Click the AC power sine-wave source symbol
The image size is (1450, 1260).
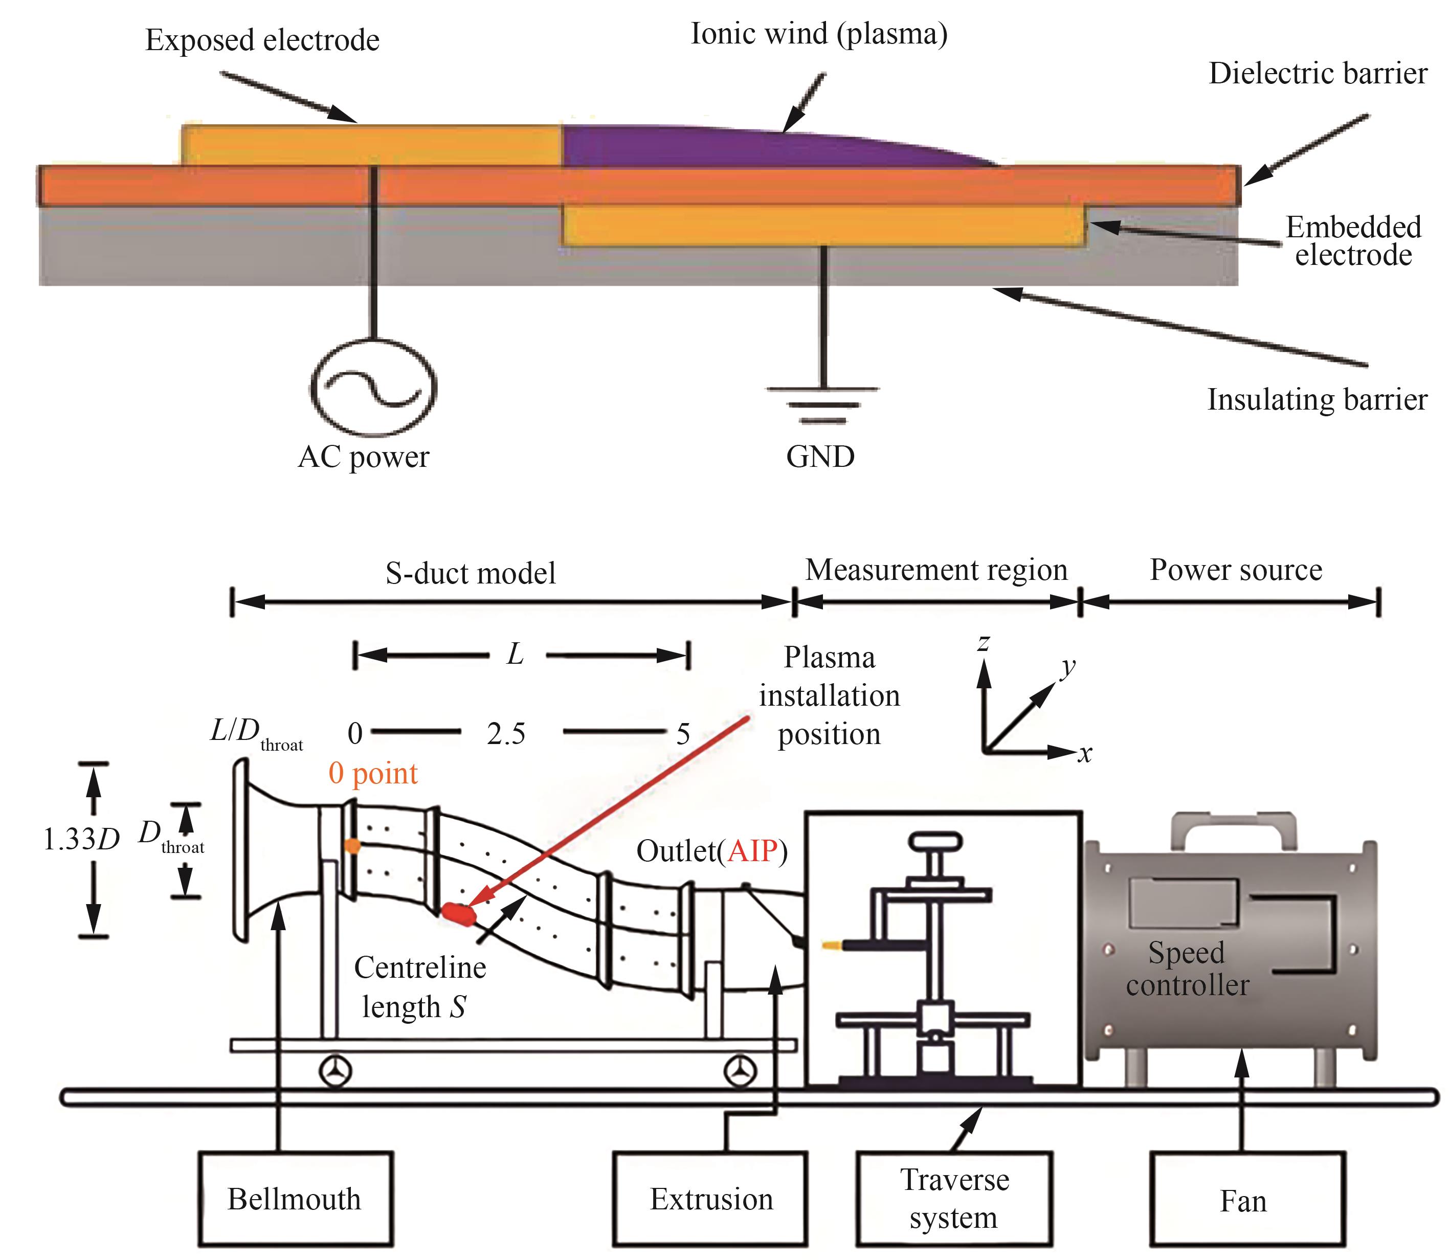click(x=373, y=388)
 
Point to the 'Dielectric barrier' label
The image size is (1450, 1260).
click(x=1317, y=74)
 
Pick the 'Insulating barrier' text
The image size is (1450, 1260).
click(x=1317, y=399)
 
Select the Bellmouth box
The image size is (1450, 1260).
click(x=295, y=1198)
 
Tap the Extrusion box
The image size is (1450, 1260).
click(x=711, y=1198)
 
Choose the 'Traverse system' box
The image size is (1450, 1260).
click(x=954, y=1198)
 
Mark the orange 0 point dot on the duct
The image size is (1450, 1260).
click(x=353, y=846)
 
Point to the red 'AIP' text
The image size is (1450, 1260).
click(x=752, y=851)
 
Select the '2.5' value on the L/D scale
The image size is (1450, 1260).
click(x=506, y=734)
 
